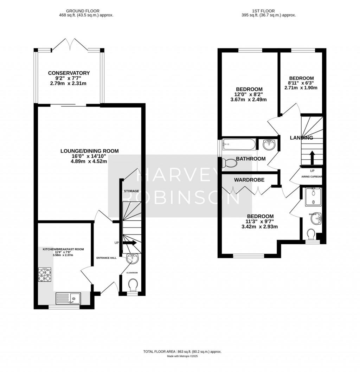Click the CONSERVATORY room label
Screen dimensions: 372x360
click(69, 73)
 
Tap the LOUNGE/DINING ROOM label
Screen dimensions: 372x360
click(89, 151)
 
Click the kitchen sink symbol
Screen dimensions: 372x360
click(68, 299)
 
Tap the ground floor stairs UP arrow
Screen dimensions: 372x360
click(129, 243)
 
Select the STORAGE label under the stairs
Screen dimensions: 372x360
click(131, 191)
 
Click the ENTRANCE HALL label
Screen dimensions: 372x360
click(107, 258)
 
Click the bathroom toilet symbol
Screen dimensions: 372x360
click(229, 163)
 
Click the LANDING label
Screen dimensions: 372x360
click(301, 138)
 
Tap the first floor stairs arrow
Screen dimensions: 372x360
click(312, 157)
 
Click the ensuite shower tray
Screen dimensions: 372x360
click(312, 197)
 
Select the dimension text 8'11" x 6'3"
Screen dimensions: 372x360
click(301, 83)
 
